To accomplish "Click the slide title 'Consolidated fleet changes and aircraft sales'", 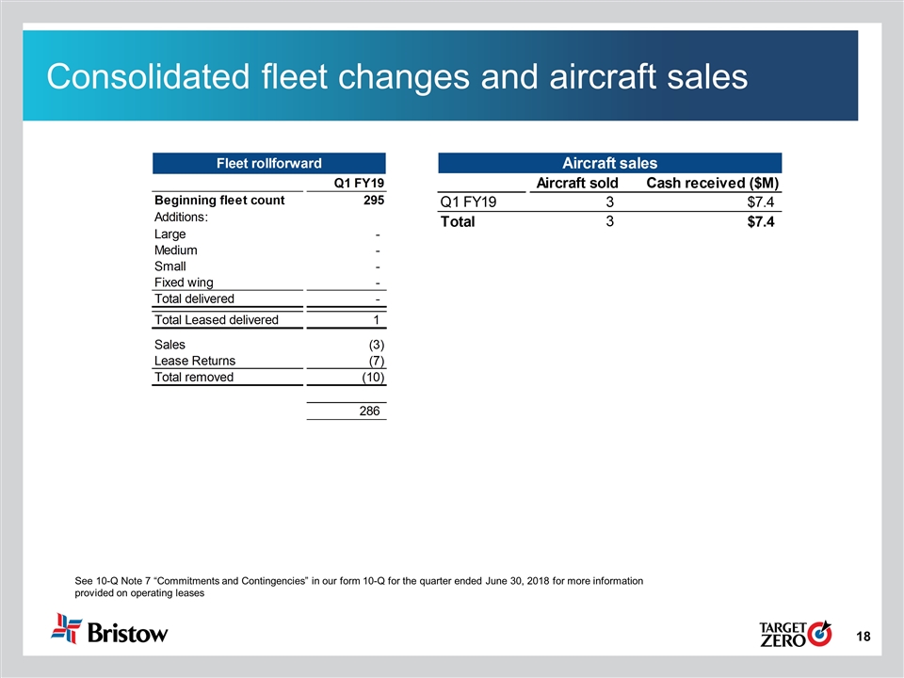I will pos(397,77).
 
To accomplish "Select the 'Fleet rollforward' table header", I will pos(269,162).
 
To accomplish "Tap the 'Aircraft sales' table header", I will pos(609,162).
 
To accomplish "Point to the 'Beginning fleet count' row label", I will pos(218,201).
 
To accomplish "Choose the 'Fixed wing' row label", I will pos(183,282).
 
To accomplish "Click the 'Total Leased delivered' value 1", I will pos(376,320).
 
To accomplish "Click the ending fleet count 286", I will pos(370,412).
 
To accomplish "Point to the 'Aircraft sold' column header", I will pos(576,182).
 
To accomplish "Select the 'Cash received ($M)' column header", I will pos(712,182).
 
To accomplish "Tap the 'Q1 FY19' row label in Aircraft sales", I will pos(468,202).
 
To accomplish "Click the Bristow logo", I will pos(111,629).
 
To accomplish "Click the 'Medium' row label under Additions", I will pos(176,250).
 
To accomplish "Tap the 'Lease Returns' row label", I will pos(195,361).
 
